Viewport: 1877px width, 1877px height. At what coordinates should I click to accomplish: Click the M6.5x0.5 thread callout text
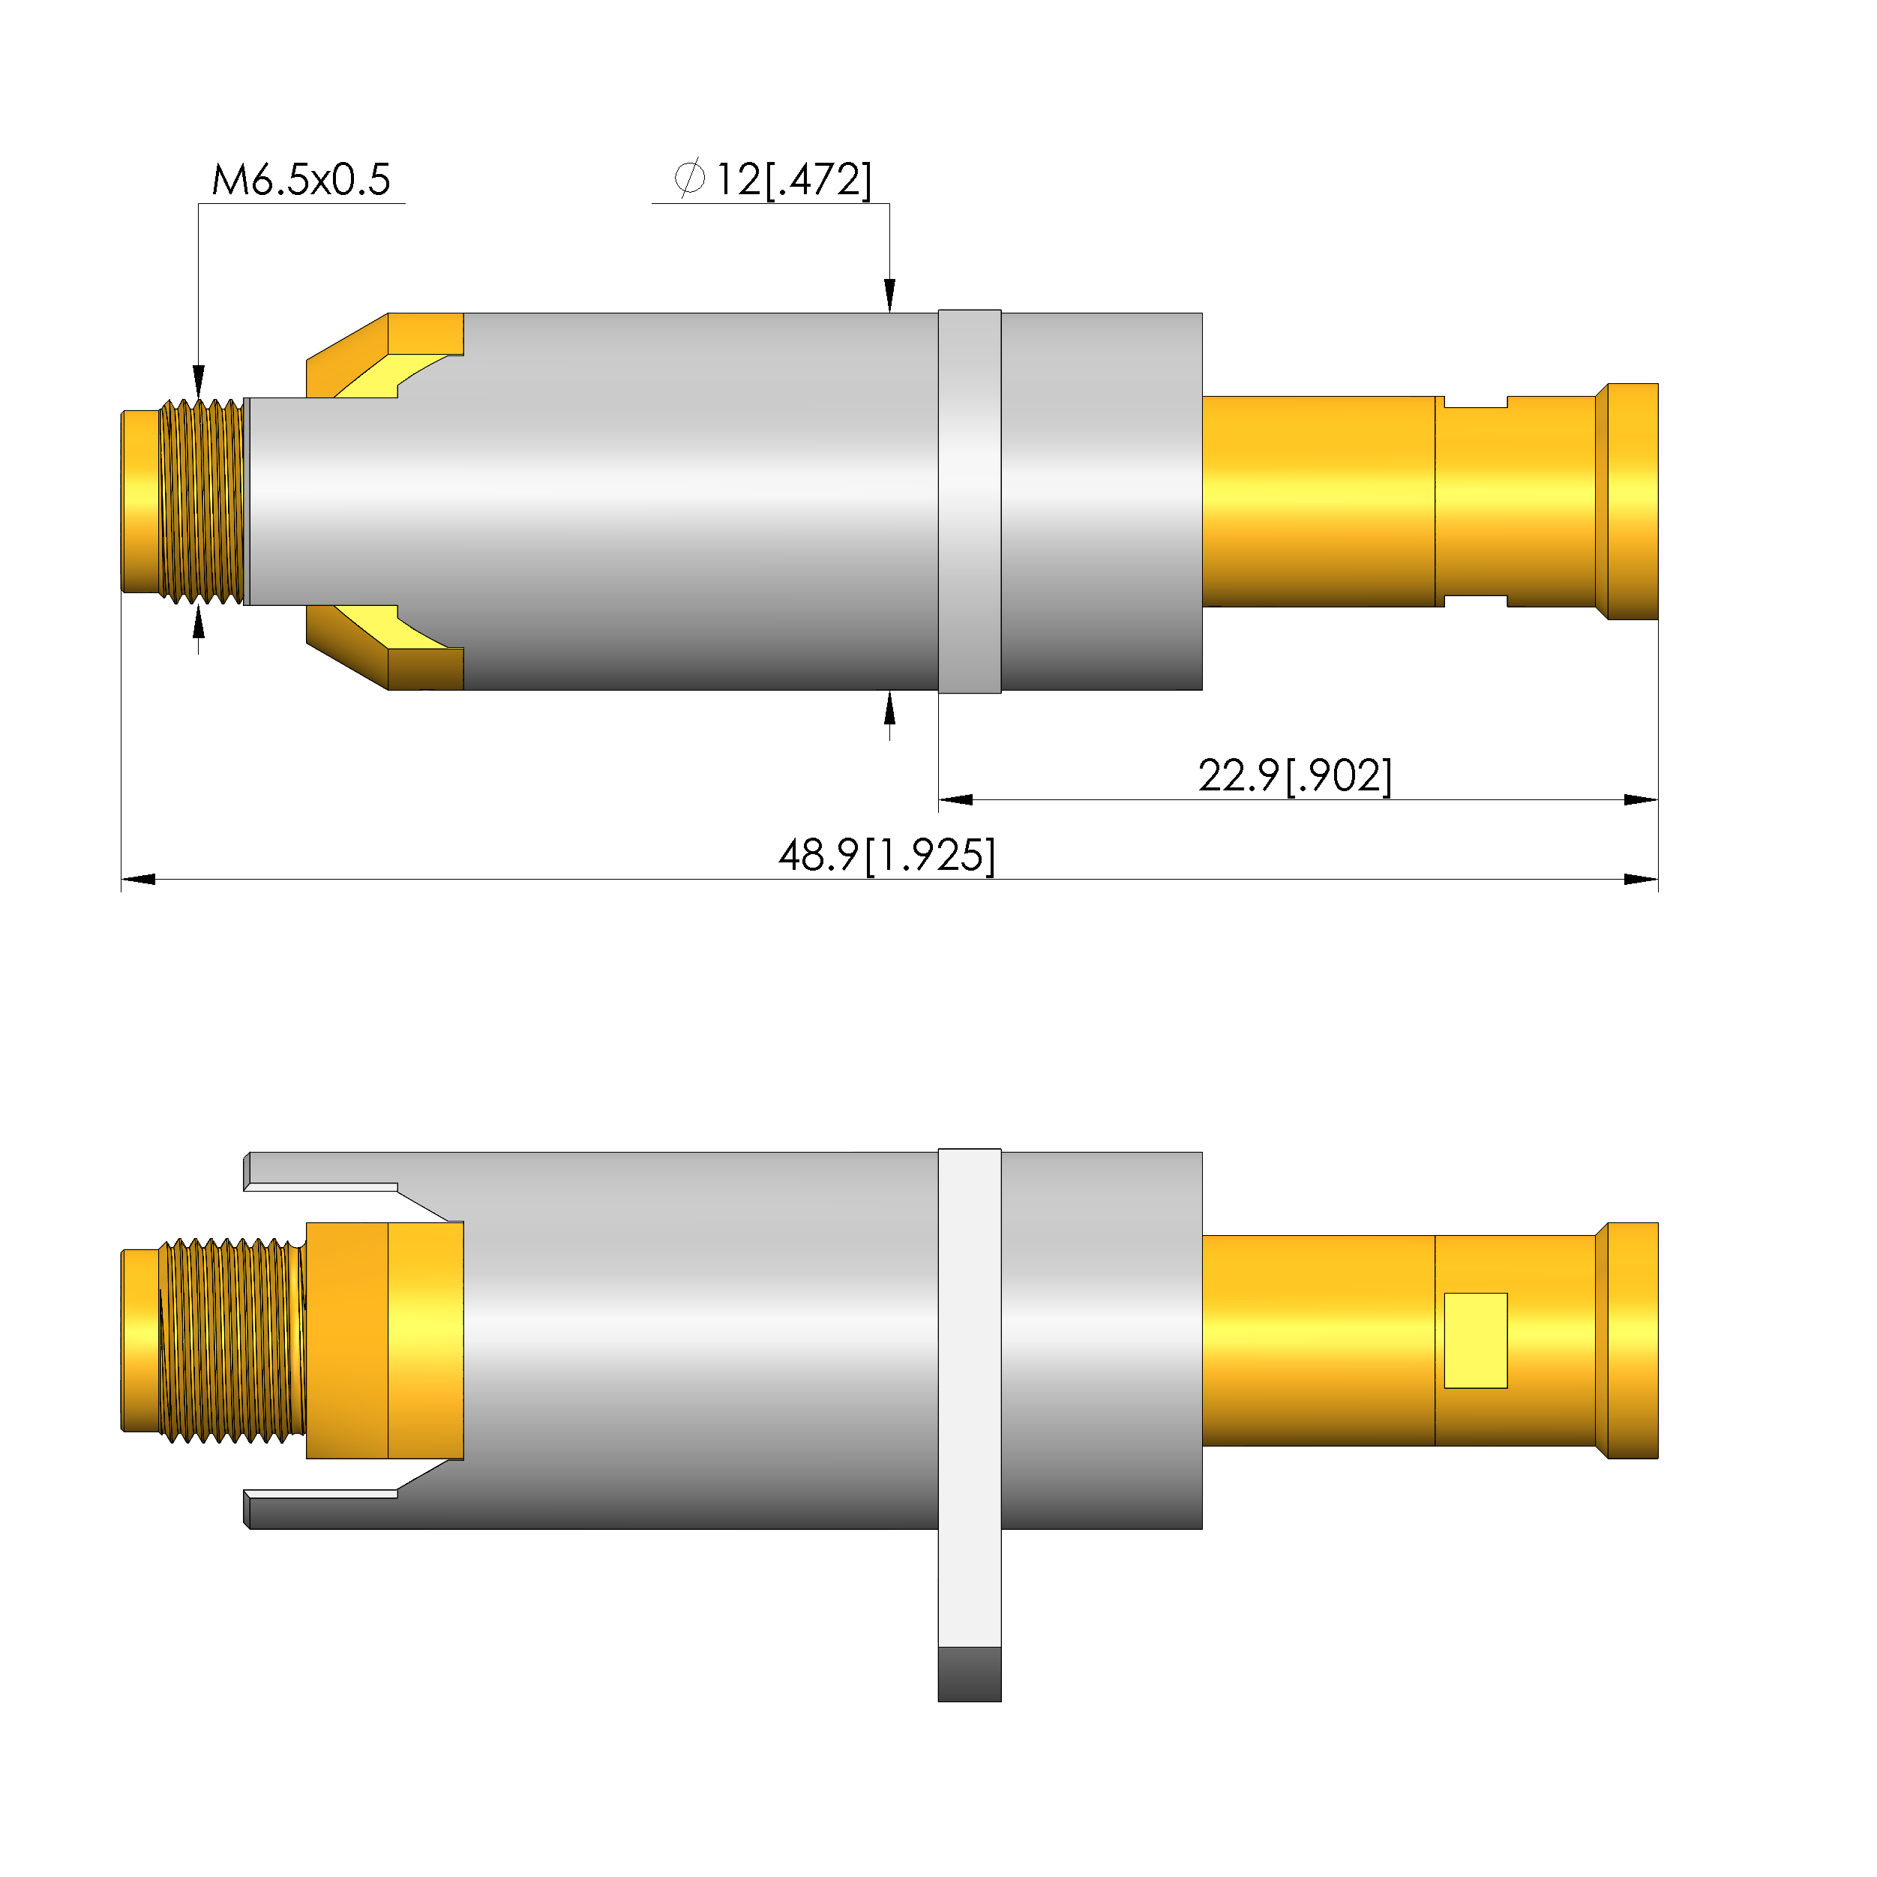[x=301, y=180]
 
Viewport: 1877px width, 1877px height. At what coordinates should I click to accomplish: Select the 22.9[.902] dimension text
[x=1295, y=776]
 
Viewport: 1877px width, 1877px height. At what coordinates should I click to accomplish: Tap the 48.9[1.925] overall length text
[x=887, y=856]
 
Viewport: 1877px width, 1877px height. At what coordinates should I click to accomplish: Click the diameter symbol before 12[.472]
[x=690, y=178]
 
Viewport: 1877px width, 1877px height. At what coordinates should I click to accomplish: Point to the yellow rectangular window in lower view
[x=1475, y=1341]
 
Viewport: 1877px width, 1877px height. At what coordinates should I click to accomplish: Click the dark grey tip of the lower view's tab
[x=970, y=1674]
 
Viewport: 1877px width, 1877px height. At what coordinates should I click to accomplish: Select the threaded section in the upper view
[x=201, y=502]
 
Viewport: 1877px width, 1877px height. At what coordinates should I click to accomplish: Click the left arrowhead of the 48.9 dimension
[x=138, y=879]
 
